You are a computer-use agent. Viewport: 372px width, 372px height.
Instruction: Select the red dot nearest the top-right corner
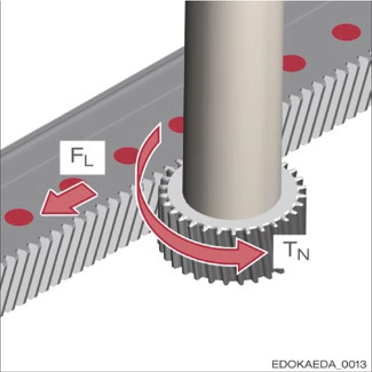[x=346, y=30]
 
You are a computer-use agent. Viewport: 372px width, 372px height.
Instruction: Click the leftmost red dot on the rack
[x=19, y=216]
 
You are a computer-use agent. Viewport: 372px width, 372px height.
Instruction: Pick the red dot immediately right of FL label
[x=127, y=155]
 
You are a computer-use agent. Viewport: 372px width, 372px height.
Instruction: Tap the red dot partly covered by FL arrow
[x=71, y=184]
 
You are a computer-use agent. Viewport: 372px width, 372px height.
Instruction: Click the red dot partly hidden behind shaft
[x=177, y=124]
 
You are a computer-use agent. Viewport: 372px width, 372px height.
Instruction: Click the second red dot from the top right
[x=292, y=62]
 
